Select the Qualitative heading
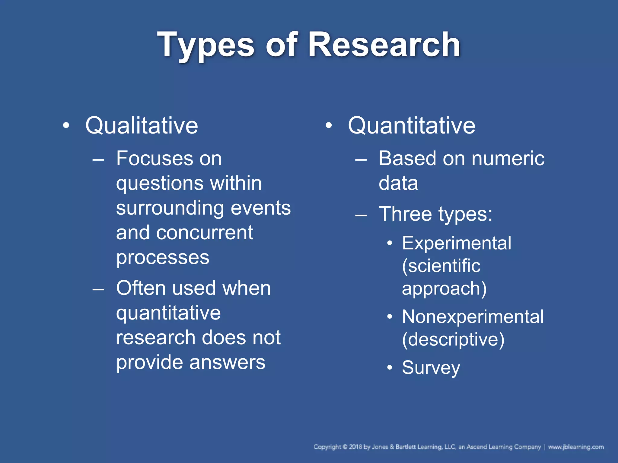click(x=142, y=125)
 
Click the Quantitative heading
click(x=412, y=125)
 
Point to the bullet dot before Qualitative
click(x=66, y=125)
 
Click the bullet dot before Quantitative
click(x=329, y=125)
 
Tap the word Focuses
click(x=154, y=159)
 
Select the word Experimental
click(x=457, y=243)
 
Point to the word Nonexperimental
click(x=473, y=317)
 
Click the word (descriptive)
click(x=453, y=340)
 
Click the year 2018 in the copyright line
click(x=355, y=447)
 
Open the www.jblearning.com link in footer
click(x=576, y=447)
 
